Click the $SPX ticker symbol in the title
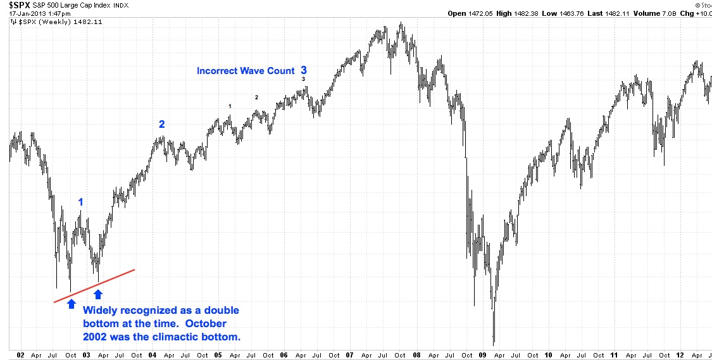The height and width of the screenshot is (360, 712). point(18,6)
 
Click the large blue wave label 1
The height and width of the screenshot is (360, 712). point(80,202)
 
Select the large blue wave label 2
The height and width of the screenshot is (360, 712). point(161,125)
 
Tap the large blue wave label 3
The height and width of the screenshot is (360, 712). point(304,70)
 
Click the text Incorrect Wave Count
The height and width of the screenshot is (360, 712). point(246,71)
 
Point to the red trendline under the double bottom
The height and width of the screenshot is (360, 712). point(95,286)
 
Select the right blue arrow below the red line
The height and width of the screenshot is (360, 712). point(98,294)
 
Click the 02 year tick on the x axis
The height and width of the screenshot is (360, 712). point(21,355)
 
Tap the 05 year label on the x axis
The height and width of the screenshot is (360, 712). point(218,355)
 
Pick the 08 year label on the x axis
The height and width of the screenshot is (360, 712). point(416,355)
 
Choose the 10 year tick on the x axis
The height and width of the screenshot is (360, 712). point(548,355)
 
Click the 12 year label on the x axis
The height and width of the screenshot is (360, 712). point(680,355)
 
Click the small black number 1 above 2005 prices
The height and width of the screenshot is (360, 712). point(230,106)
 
